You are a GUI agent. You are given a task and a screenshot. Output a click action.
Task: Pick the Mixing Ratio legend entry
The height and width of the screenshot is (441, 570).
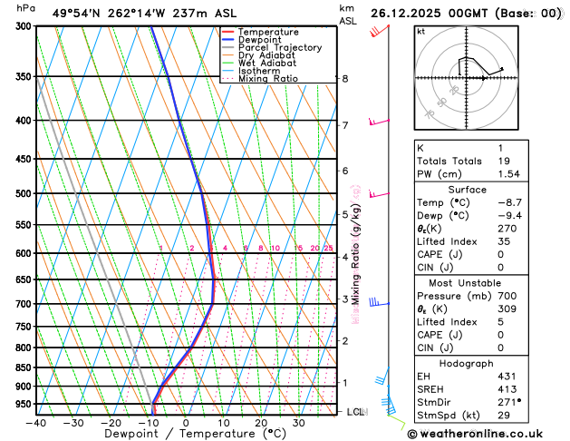click(x=267, y=78)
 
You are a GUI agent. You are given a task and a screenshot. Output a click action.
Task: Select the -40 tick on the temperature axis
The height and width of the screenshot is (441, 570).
click(x=35, y=422)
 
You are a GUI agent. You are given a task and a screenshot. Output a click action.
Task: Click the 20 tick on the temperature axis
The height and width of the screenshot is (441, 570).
click(x=260, y=422)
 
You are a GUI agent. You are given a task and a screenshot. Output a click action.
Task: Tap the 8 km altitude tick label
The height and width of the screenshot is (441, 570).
click(x=344, y=79)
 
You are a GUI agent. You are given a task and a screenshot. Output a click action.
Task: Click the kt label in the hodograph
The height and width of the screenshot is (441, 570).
click(x=420, y=31)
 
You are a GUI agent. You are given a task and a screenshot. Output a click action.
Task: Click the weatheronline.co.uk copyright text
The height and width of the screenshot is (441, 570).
click(x=488, y=434)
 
